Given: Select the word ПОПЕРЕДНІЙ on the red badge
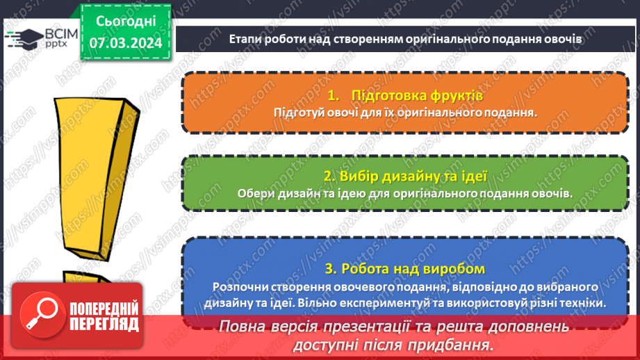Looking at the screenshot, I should pyautogui.click(x=103, y=308).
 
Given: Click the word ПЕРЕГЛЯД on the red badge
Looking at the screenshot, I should pyautogui.click(x=103, y=324).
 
